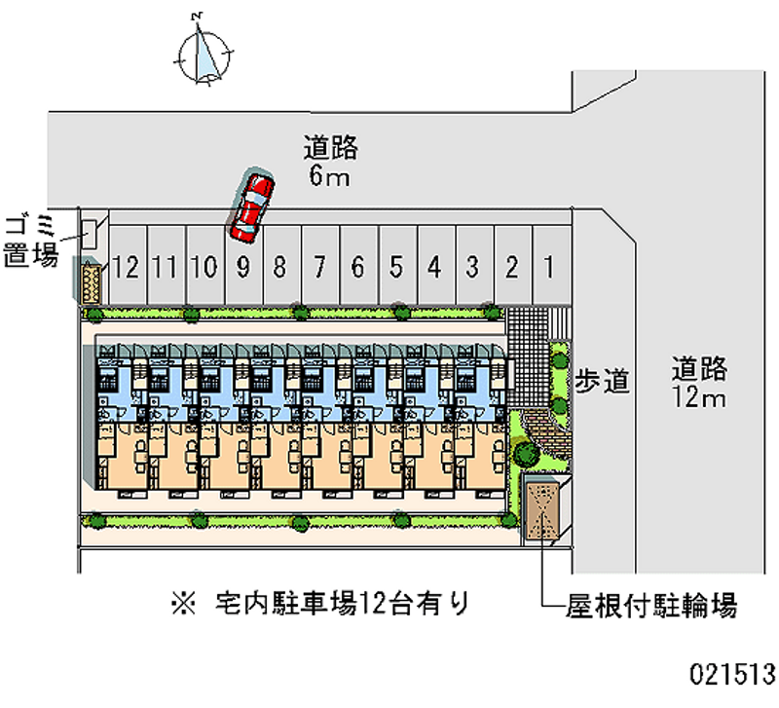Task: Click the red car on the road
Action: click(250, 206)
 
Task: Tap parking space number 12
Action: click(127, 267)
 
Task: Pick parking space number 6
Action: click(357, 266)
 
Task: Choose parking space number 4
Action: click(434, 266)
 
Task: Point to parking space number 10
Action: click(204, 267)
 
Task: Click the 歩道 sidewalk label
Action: click(601, 382)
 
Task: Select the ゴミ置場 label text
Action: click(31, 242)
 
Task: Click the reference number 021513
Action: click(732, 673)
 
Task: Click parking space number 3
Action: click(472, 266)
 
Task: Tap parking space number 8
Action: click(279, 266)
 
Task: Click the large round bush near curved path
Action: click(524, 454)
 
